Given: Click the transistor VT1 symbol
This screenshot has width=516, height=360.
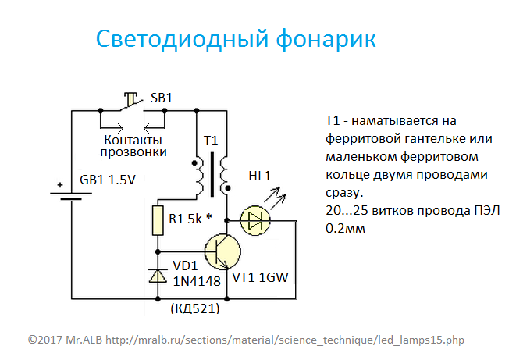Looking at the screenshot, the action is click(x=222, y=251).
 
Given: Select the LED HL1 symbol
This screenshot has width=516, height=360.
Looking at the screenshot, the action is click(x=255, y=220).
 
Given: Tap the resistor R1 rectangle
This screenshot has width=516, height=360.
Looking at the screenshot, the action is click(x=158, y=220).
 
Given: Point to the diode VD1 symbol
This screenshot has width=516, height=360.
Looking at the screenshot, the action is click(x=158, y=276).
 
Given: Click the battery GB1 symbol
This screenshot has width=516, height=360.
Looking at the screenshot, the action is click(x=71, y=196).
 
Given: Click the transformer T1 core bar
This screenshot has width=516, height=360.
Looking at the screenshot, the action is click(x=212, y=174).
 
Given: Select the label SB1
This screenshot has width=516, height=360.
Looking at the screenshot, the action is click(x=162, y=98).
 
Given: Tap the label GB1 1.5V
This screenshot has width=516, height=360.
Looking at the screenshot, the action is click(x=108, y=180).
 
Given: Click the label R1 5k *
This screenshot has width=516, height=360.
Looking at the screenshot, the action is click(x=190, y=219).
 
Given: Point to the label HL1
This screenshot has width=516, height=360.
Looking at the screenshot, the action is click(x=260, y=176).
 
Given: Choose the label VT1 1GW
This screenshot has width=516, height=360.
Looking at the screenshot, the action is click(x=260, y=277).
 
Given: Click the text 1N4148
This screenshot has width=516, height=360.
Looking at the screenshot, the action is click(x=197, y=281).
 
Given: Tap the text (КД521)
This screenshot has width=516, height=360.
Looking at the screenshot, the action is click(x=195, y=308).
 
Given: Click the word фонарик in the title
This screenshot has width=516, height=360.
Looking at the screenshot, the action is click(x=326, y=39).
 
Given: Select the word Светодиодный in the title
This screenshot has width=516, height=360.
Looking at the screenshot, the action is click(x=183, y=40).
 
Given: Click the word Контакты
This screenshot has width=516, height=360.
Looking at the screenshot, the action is click(x=133, y=141).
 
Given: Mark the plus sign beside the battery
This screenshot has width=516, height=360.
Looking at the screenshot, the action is click(x=60, y=185).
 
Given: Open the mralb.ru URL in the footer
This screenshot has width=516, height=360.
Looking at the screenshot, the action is click(x=285, y=340).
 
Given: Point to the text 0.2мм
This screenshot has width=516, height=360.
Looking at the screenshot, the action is click(x=345, y=228).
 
